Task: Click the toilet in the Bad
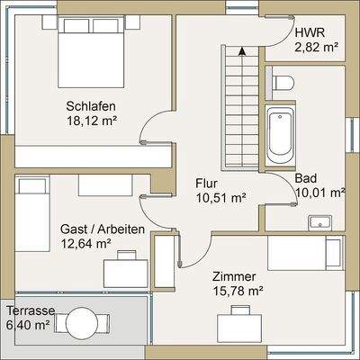tap(283, 83)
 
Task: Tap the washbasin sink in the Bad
tap(320, 223)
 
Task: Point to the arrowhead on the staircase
tap(241, 51)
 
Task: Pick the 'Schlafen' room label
tap(91, 106)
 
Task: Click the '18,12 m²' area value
tap(91, 121)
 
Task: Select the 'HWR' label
tap(310, 32)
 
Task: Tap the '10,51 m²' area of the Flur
tap(220, 197)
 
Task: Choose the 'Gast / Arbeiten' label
tap(103, 229)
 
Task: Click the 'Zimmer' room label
tap(234, 276)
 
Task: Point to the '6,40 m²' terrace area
tap(28, 325)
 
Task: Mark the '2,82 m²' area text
tap(317, 48)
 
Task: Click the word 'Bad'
tap(306, 178)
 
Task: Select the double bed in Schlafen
tap(91, 52)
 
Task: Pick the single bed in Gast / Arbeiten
tap(32, 214)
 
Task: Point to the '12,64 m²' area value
tap(85, 244)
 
